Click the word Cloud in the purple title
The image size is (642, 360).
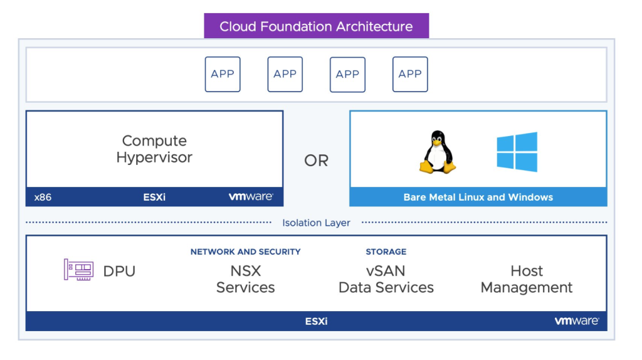click(x=236, y=27)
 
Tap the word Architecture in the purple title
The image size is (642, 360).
click(x=374, y=27)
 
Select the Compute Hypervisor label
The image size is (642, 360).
click(x=154, y=149)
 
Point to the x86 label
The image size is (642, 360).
click(x=43, y=197)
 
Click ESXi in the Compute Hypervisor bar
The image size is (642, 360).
click(x=154, y=197)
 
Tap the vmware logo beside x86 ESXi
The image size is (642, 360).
click(x=250, y=197)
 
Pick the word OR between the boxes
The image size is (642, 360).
click(x=316, y=161)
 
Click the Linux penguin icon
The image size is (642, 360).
click(x=437, y=152)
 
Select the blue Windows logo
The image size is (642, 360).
click(x=517, y=152)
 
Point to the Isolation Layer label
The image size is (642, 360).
click(x=316, y=223)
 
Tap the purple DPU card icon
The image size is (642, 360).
click(x=78, y=270)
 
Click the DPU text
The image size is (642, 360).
click(x=119, y=271)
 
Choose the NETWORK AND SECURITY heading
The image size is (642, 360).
click(x=245, y=251)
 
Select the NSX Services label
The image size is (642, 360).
click(x=245, y=279)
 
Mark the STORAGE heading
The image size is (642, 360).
click(x=386, y=251)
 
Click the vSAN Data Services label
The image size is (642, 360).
click(x=386, y=279)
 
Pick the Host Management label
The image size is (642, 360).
click(x=526, y=279)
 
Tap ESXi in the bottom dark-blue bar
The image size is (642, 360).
click(x=316, y=321)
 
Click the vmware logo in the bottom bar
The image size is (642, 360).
click(x=576, y=321)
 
